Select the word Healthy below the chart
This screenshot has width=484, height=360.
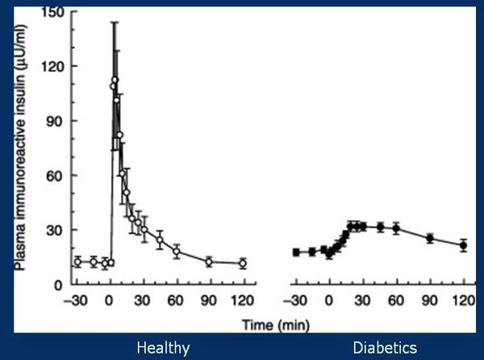tap(163, 348)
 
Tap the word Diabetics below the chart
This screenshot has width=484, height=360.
tap(385, 348)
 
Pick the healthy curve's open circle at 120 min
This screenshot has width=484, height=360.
tap(242, 263)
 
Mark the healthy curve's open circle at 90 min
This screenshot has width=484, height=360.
tap(209, 262)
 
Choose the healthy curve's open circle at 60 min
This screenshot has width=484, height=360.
tap(177, 251)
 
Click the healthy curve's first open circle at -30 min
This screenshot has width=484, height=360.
tap(77, 262)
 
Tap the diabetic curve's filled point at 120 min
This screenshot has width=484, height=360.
tap(463, 245)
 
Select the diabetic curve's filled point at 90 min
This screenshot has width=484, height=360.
tap(430, 238)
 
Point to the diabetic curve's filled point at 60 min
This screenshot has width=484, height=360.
tap(396, 228)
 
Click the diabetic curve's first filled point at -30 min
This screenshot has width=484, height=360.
tap(297, 253)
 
